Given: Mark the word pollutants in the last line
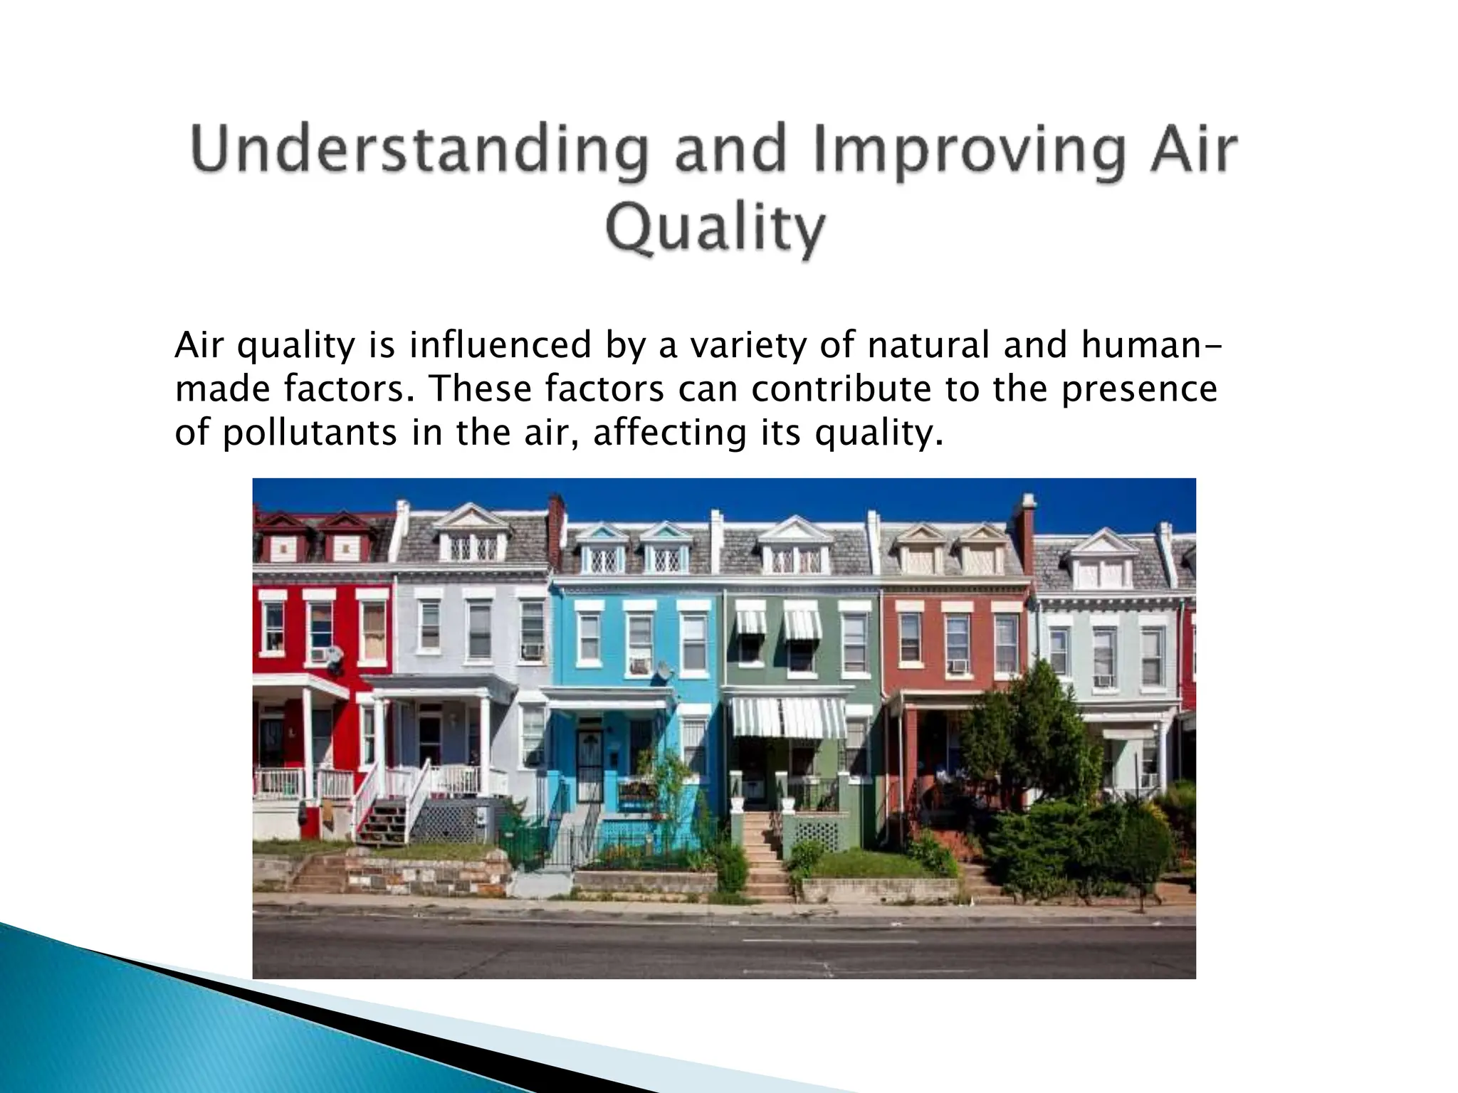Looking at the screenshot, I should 310,433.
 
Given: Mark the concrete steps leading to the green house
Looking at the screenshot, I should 765,857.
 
